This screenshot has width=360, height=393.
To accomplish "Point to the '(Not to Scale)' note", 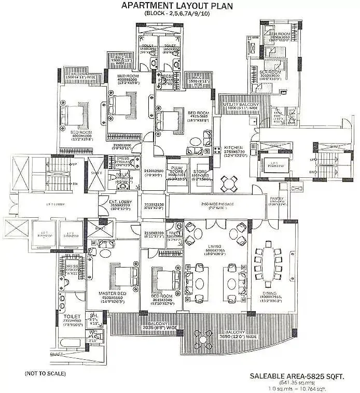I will [40, 373].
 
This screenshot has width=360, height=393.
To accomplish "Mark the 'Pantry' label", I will [275, 198].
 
